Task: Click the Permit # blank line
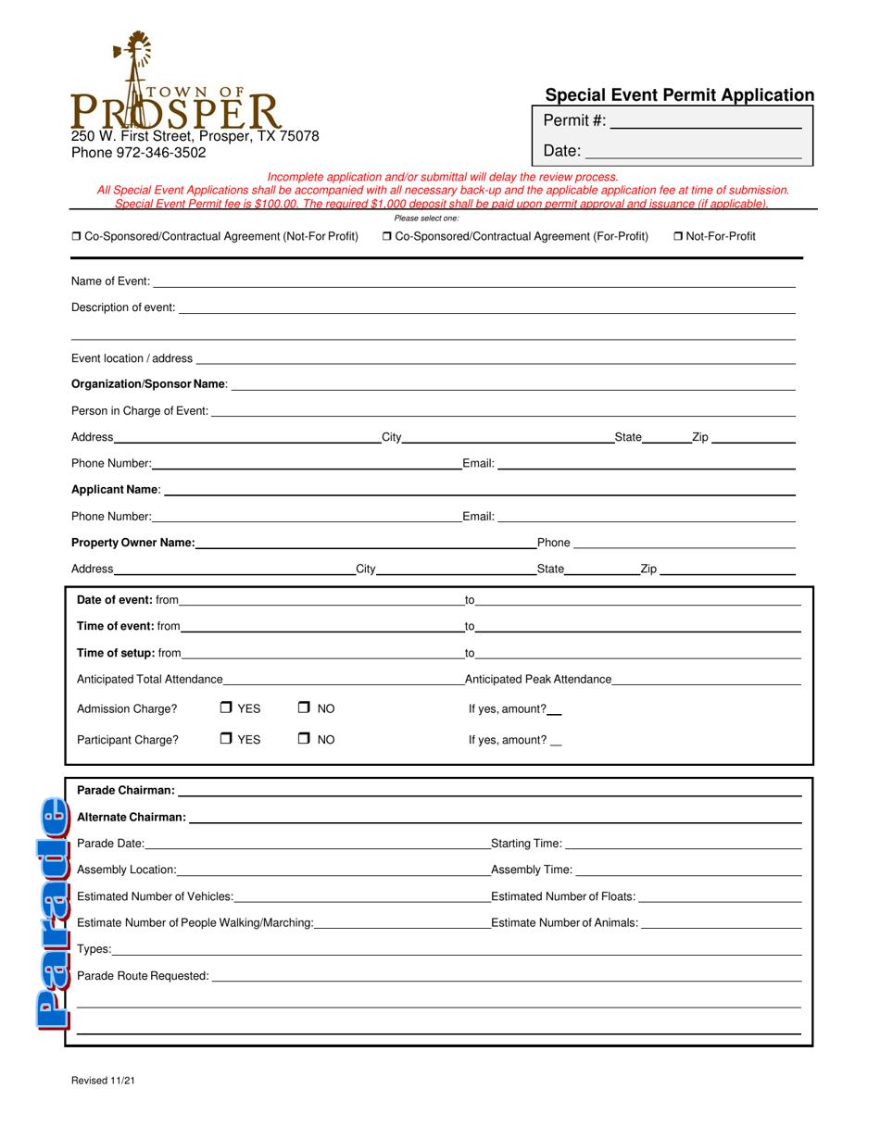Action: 706,121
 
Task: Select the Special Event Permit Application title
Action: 679,94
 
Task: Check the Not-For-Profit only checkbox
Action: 679,237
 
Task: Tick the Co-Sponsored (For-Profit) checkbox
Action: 387,237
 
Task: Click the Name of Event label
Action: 110,282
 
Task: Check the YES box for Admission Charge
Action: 227,708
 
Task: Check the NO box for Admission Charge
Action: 304,708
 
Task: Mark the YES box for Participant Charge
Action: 227,739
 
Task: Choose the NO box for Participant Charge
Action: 304,739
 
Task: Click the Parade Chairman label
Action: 126,791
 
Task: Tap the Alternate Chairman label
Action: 132,818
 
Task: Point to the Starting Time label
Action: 526,844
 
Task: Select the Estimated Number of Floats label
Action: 563,896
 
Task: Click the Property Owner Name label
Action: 132,543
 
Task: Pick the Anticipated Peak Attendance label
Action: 538,680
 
